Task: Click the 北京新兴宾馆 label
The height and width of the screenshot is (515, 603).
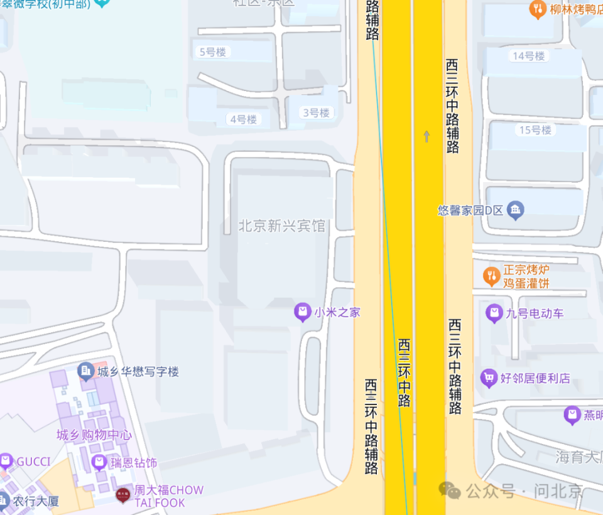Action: [282, 225]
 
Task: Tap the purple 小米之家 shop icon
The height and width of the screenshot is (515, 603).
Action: [303, 312]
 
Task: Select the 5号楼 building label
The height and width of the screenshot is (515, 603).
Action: [212, 52]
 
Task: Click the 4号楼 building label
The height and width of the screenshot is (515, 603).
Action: [243, 119]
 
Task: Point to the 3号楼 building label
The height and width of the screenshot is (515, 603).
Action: [315, 113]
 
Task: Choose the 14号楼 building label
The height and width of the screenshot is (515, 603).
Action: [528, 56]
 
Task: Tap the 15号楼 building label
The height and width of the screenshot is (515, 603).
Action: [535, 130]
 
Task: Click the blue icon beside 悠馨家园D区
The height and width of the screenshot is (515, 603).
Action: [516, 210]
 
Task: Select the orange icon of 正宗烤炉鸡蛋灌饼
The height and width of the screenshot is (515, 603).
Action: [491, 275]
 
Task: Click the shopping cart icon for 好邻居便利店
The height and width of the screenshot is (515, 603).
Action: [488, 378]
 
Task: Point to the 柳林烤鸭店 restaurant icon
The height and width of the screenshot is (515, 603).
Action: [538, 9]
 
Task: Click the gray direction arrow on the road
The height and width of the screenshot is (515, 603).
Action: [427, 136]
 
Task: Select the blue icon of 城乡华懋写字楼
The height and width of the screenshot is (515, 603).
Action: [85, 371]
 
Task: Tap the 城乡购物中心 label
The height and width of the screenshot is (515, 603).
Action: [94, 435]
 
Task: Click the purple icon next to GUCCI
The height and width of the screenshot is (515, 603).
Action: [6, 462]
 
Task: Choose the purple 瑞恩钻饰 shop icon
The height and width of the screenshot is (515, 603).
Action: [99, 463]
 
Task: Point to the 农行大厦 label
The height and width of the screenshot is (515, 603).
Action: [36, 501]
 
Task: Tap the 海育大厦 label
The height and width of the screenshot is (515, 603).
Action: [578, 457]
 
